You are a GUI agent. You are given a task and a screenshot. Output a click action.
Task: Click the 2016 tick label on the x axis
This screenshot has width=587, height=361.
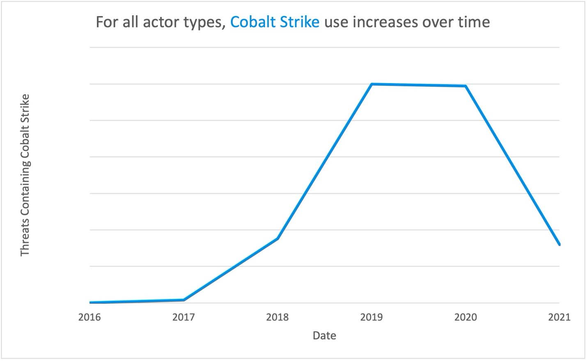tap(89, 317)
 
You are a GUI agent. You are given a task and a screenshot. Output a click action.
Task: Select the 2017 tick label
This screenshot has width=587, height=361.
tap(183, 317)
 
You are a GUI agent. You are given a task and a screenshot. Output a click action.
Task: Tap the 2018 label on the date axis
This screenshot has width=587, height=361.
tap(277, 317)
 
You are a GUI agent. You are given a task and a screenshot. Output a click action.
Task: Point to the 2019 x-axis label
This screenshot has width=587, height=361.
tap(371, 317)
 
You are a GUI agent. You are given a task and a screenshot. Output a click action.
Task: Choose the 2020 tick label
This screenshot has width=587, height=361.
tap(465, 317)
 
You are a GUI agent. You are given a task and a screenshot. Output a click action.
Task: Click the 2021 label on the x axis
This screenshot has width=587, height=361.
tap(559, 317)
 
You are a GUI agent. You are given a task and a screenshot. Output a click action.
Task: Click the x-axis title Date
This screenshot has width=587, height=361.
tap(324, 336)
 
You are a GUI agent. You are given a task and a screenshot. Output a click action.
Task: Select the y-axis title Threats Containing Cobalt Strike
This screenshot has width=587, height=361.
tap(25, 175)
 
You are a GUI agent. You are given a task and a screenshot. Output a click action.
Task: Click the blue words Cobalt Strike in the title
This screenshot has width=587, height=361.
tap(275, 21)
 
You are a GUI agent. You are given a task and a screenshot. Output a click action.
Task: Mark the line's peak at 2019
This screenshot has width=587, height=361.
tap(371, 84)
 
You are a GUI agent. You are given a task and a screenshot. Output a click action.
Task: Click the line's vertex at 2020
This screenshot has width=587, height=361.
tap(465, 86)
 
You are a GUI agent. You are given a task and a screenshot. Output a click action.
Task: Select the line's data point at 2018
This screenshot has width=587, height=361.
tap(277, 238)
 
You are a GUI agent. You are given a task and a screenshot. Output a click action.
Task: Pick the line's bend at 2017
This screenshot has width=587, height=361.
tap(183, 300)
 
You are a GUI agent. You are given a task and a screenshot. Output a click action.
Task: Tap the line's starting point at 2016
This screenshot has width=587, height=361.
tap(90, 302)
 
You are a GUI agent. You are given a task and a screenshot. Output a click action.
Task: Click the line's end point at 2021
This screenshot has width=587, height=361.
tap(559, 244)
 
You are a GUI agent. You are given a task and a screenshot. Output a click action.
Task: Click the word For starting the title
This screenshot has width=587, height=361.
tap(106, 21)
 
